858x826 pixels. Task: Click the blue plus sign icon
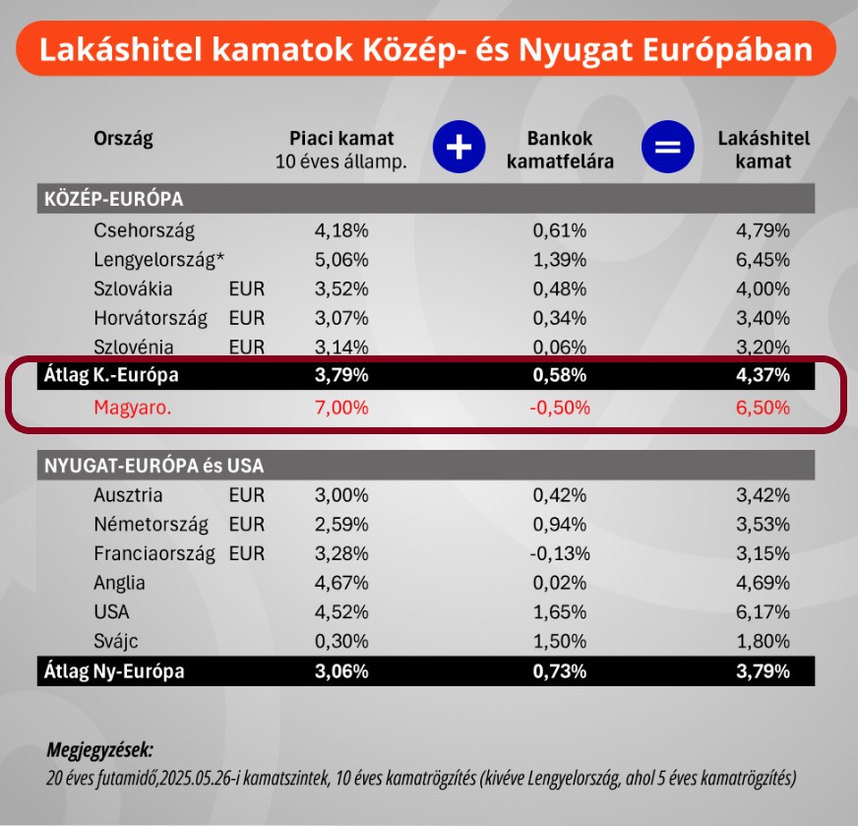[460, 149]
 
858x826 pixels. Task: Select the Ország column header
[124, 138]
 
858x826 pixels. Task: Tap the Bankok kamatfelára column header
[560, 150]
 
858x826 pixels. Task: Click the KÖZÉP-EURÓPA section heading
[114, 200]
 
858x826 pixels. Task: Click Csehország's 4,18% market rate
[341, 231]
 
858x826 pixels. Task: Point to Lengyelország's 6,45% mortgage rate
[763, 260]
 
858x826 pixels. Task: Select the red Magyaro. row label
[133, 407]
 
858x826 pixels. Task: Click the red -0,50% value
[560, 407]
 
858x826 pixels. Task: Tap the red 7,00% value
[341, 407]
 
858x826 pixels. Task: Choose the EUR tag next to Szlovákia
[246, 289]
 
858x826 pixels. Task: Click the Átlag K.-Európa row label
[111, 375]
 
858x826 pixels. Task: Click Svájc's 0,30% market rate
[341, 641]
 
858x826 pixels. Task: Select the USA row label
[111, 611]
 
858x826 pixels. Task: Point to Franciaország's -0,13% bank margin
[560, 553]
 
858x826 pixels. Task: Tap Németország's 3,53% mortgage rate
[763, 524]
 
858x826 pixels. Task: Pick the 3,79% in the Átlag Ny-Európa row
[763, 671]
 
